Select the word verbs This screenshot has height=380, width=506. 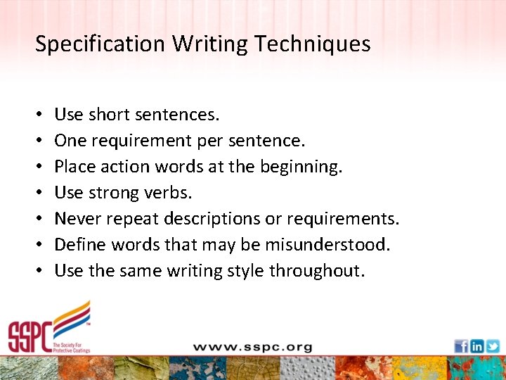pos(165,193)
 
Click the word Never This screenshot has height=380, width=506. pos(76,219)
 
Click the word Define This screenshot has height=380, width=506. pos(77,245)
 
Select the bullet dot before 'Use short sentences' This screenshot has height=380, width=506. pos(39,115)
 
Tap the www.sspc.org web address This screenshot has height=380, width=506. pos(252,347)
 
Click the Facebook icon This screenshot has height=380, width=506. pos(461,346)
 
